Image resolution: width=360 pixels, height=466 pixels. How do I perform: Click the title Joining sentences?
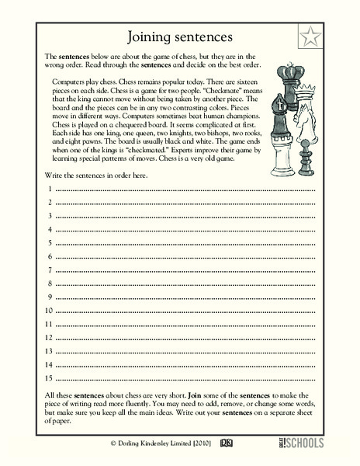[x=179, y=37]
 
